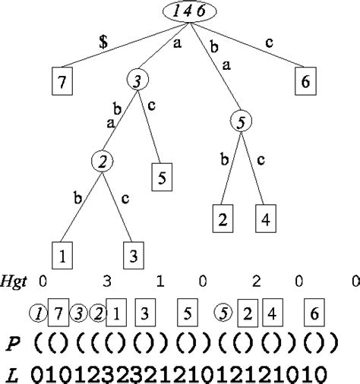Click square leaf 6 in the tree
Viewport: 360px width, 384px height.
click(x=304, y=82)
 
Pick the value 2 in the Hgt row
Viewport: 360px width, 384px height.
click(x=257, y=282)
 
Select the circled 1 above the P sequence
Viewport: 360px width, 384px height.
click(x=36, y=312)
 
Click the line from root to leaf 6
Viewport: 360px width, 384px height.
click(x=251, y=46)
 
